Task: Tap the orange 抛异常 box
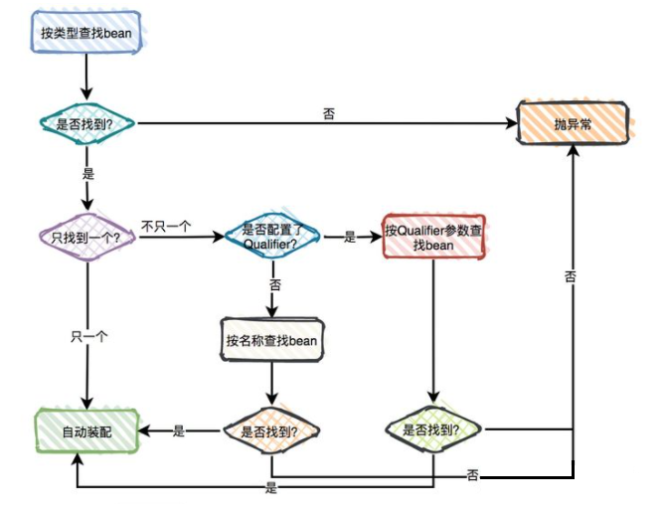coord(573,125)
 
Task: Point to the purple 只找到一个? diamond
coord(86,238)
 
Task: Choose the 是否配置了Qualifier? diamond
coord(271,237)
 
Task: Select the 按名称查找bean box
coord(271,341)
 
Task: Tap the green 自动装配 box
coord(87,431)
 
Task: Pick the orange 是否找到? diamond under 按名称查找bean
coord(271,431)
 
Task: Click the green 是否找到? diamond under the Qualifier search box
coord(432,430)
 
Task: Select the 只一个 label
coord(88,336)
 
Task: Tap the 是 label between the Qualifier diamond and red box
coord(350,238)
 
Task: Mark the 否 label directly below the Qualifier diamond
coord(274,285)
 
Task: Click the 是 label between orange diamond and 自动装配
coord(179,431)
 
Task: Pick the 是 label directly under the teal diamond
coord(89,174)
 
